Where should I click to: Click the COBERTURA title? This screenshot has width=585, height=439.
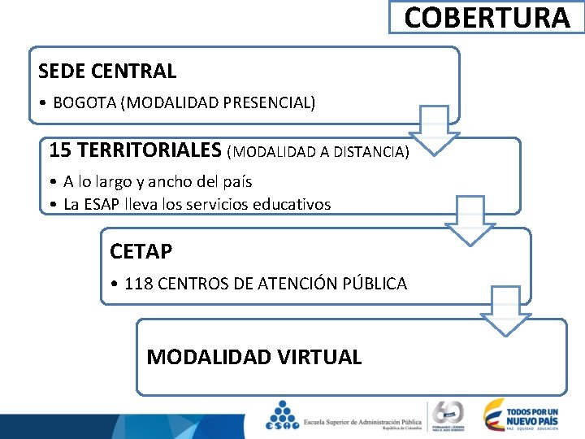coord(487,17)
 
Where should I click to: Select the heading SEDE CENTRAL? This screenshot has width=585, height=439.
coord(107,72)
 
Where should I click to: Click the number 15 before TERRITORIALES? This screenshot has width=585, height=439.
coord(59,150)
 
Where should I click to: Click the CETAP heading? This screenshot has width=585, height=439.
coord(141,252)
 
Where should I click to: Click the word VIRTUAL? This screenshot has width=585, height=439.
coord(320,357)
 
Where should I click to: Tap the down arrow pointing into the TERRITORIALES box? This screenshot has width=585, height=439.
coord(434,131)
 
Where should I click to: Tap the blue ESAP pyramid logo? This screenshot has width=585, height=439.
coord(282,415)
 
